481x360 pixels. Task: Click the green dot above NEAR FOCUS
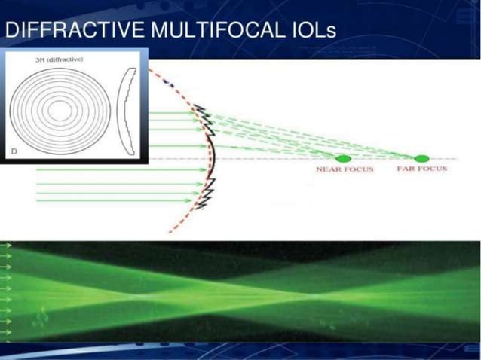click(x=343, y=159)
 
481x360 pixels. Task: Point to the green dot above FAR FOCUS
click(x=421, y=159)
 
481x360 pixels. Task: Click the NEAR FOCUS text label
click(x=343, y=170)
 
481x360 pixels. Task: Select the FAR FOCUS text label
click(x=421, y=169)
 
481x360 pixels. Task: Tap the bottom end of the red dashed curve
click(x=173, y=230)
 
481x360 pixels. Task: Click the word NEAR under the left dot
click(x=328, y=170)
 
